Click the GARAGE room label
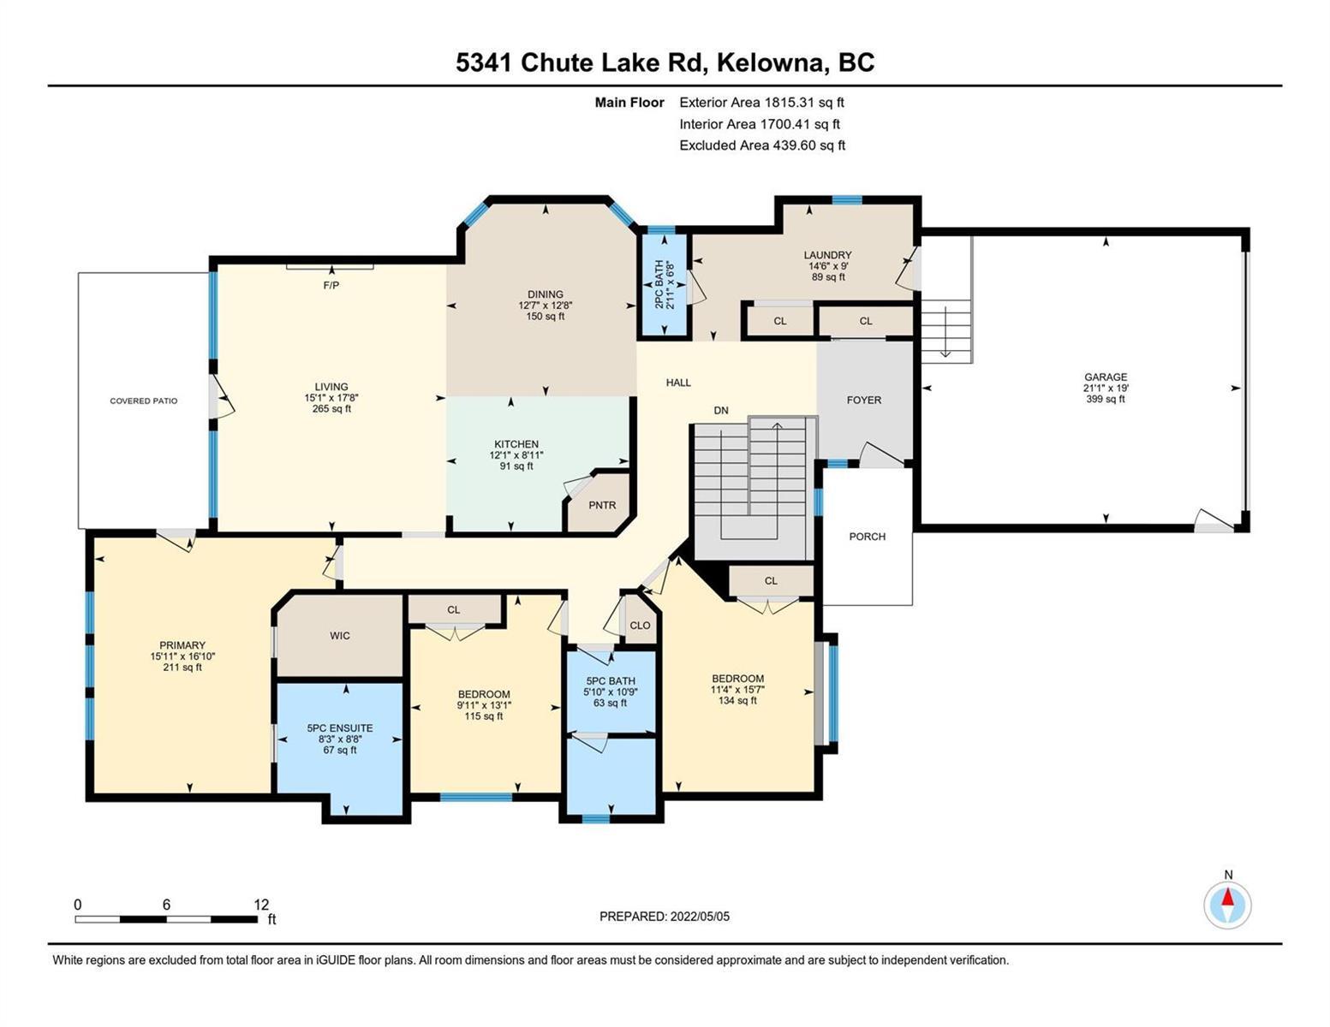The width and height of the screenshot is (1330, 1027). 1106,377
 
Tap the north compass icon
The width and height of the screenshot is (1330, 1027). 1227,905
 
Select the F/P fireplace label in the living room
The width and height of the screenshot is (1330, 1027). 331,285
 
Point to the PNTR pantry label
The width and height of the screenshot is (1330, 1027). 602,505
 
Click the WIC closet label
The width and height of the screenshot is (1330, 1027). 340,636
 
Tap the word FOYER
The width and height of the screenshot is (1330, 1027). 864,400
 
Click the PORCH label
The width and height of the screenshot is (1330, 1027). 868,537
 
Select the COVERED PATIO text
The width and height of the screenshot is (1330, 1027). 144,401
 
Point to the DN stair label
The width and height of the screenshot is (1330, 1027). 721,411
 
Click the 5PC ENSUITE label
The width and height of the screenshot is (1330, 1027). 340,728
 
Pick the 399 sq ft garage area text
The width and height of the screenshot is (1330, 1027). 1106,400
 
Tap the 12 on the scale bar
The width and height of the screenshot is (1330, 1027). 261,905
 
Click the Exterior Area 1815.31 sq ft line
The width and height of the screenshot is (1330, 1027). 761,102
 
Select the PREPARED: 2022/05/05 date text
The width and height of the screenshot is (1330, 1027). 664,917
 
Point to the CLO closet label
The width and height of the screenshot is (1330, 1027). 641,625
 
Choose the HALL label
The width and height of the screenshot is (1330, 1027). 678,383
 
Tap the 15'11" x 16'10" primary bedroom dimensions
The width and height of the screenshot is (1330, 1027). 182,656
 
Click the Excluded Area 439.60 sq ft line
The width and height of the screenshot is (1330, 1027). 762,145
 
